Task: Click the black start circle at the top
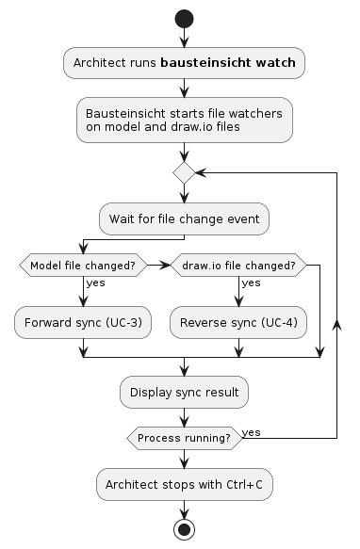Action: tap(184, 18)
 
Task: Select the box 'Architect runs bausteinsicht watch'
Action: tap(184, 63)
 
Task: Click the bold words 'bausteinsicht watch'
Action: tap(229, 63)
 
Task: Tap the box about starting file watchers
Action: tap(184, 121)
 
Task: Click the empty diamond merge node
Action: tap(184, 172)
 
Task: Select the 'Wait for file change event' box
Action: tap(184, 218)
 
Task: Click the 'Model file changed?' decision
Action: tap(83, 266)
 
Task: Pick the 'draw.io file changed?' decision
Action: tap(237, 266)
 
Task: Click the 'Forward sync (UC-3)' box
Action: tap(83, 322)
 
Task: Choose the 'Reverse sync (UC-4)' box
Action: tap(237, 322)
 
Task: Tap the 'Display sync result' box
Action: tap(184, 392)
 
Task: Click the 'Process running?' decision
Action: tap(184, 439)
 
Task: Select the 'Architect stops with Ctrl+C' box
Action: tap(184, 484)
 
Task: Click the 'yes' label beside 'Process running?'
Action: tap(252, 432)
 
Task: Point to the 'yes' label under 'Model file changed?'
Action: tap(95, 283)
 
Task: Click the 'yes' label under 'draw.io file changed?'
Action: tap(251, 283)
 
